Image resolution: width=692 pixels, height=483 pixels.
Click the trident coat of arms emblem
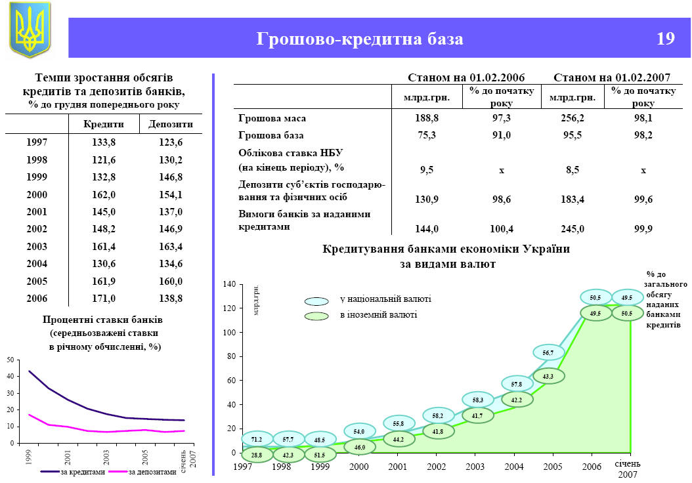[30, 30]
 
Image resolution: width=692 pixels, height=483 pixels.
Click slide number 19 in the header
[665, 39]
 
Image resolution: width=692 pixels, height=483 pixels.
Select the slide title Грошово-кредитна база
[360, 39]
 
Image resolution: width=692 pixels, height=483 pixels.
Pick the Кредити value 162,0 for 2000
[104, 194]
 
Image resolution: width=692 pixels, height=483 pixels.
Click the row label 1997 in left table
[37, 142]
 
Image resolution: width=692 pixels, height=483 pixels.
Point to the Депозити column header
[171, 124]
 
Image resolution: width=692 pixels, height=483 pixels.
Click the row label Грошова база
[270, 136]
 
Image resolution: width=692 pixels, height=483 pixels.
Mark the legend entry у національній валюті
[385, 299]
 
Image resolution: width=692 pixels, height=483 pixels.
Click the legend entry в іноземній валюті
[378, 315]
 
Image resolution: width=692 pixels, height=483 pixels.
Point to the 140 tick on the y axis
[228, 284]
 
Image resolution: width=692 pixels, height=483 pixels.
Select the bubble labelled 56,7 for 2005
[548, 353]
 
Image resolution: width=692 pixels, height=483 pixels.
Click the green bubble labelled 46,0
[360, 447]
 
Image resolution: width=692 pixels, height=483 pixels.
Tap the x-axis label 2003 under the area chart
[475, 466]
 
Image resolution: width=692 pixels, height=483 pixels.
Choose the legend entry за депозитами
[152, 472]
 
